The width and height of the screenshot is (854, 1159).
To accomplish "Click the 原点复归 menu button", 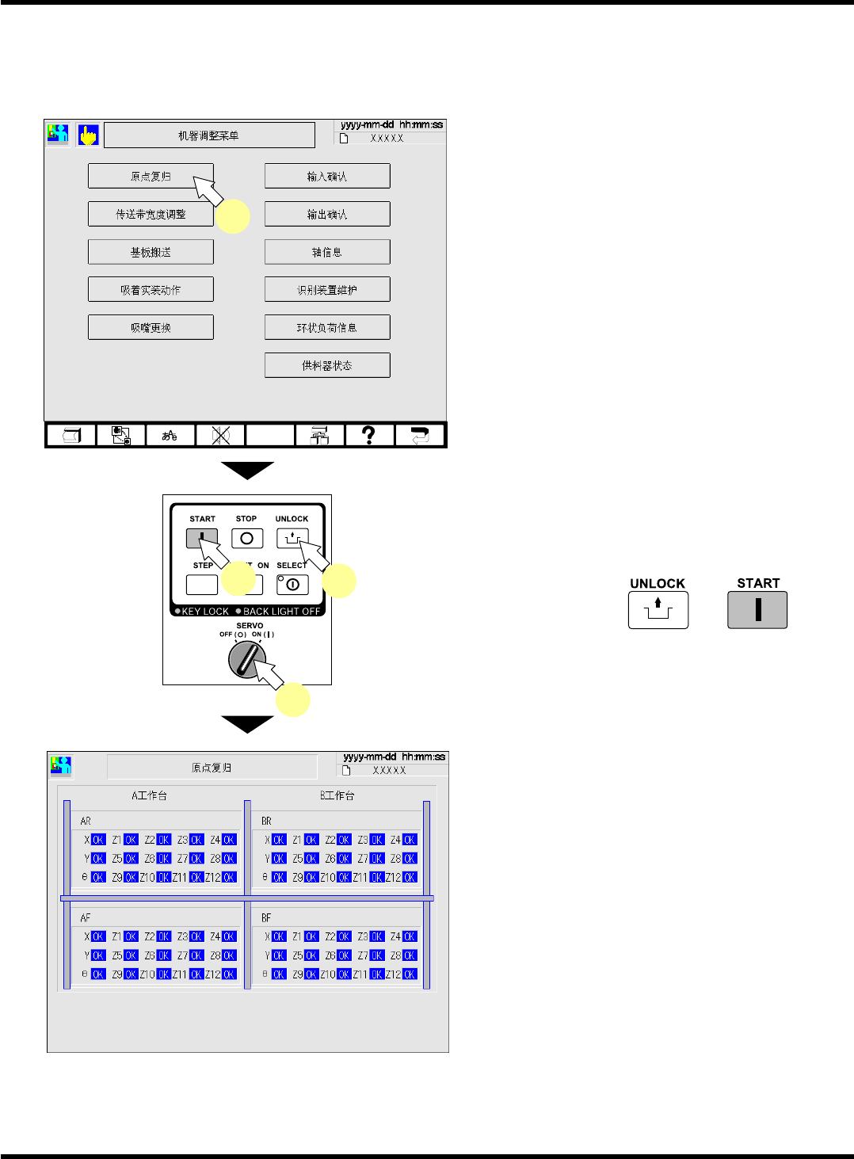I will tap(151, 176).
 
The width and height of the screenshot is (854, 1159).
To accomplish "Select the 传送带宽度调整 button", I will tap(151, 214).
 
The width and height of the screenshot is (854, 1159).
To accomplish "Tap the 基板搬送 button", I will tap(151, 252).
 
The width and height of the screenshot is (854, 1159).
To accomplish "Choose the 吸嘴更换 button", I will tap(151, 327).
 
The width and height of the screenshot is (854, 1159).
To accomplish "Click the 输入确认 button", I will tap(327, 176).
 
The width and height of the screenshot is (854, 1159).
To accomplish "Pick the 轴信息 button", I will tap(327, 252).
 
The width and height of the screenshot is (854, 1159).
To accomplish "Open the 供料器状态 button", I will tap(327, 365).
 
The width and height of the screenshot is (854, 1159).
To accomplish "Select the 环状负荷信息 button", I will tap(327, 327).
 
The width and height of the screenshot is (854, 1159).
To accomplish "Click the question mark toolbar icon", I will tap(368, 435).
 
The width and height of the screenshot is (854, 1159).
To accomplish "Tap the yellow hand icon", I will tap(88, 135).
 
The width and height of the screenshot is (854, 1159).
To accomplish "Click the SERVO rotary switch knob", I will tap(246, 659).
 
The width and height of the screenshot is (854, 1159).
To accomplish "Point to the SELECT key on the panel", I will tap(292, 585).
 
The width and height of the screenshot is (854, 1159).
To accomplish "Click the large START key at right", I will tap(757, 609).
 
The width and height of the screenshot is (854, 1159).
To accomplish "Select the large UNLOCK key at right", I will tap(658, 609).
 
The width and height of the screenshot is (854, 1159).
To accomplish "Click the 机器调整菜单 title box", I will tap(209, 135).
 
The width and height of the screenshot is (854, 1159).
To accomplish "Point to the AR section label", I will tap(86, 822).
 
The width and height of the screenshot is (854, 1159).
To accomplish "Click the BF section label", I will tap(266, 918).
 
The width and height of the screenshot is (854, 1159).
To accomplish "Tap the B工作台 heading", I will tap(337, 795).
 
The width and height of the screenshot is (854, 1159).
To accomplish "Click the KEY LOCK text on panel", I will tap(204, 612).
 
